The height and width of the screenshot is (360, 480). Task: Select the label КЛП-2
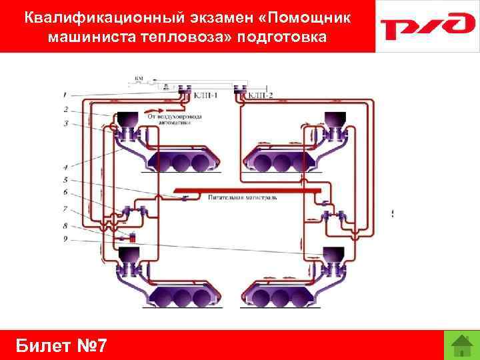[x=263, y=96]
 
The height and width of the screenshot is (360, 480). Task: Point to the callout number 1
[x=66, y=94]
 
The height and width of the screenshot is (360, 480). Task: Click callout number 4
[x=66, y=166]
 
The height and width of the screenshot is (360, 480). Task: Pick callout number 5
[x=66, y=180]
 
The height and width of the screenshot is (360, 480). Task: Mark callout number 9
[x=66, y=238]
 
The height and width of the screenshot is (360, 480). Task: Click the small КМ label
[x=139, y=79]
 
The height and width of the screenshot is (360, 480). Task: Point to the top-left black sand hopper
[x=125, y=120]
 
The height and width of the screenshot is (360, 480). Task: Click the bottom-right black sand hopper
[x=331, y=254]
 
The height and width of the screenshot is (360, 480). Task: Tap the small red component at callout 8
[x=132, y=236]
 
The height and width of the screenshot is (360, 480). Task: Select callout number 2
[x=66, y=109]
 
